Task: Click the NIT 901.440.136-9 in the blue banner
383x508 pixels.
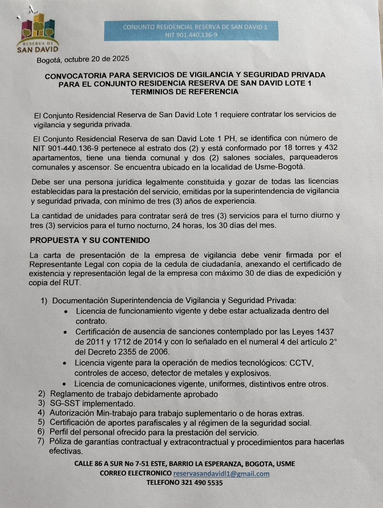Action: coord(191,35)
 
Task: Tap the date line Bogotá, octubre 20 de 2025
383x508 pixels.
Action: coord(83,59)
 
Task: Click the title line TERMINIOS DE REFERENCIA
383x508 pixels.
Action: coord(185,92)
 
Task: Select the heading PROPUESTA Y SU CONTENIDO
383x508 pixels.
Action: coord(90,240)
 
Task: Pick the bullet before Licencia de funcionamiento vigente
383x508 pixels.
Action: coord(66,312)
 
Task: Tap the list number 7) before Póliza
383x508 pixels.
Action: coord(41,442)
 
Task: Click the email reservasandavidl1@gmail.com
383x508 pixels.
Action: coord(221,474)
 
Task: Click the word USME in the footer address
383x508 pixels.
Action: coord(285,464)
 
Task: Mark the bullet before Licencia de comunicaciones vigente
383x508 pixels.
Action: coord(65,384)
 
